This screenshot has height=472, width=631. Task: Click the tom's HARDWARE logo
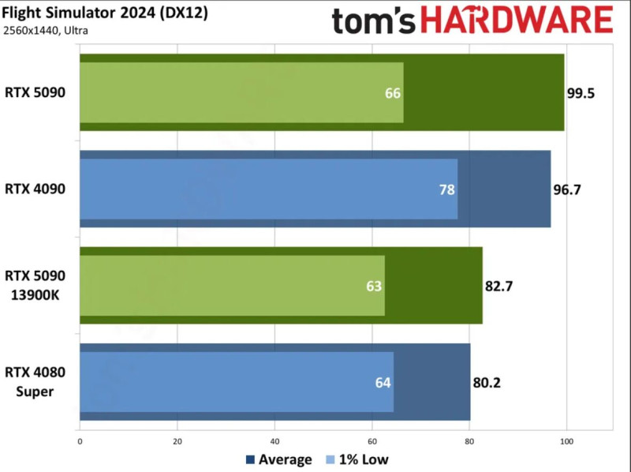(x=472, y=21)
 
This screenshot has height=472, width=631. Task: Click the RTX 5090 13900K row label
(x=35, y=285)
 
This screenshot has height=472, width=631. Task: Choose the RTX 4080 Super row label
(x=35, y=382)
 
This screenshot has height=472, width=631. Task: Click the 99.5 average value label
(x=581, y=92)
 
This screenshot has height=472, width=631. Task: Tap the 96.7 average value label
(x=566, y=189)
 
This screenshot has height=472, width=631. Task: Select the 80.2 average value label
(x=487, y=383)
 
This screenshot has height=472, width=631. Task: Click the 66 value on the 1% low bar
(x=393, y=93)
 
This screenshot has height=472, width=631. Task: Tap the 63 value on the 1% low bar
(x=374, y=286)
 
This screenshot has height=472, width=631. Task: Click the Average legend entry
(x=280, y=459)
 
